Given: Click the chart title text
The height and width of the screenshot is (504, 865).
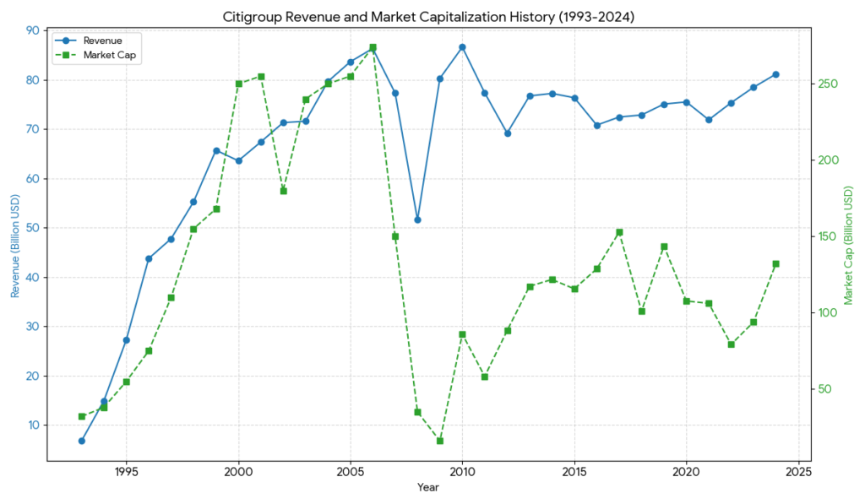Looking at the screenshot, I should point(427,16).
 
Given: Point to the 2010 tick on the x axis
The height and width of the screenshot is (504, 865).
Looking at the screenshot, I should point(462,469).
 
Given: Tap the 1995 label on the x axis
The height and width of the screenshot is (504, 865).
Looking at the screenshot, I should point(127,469).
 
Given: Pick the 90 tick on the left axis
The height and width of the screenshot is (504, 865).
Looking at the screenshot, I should point(32,30).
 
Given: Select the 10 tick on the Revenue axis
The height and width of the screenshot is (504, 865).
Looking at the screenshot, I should point(32,425).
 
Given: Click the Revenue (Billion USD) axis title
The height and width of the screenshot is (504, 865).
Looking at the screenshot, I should point(14,245).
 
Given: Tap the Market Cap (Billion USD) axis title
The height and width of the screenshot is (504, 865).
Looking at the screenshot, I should point(849,245).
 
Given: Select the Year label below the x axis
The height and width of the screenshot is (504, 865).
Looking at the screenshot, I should point(427,487).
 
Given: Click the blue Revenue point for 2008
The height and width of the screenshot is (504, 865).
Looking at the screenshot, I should point(417,219).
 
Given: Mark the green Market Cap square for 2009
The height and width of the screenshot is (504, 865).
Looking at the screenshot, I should point(440,441).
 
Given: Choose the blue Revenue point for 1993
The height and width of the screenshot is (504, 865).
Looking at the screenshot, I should point(82,441).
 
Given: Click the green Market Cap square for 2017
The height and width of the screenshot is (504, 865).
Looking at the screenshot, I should point(619,232).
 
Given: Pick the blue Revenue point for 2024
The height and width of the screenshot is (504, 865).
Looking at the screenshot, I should point(775,74).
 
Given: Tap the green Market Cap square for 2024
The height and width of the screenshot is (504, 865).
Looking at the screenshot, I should point(775,264).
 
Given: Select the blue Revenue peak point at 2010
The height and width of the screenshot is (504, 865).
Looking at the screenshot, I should point(462,47).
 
